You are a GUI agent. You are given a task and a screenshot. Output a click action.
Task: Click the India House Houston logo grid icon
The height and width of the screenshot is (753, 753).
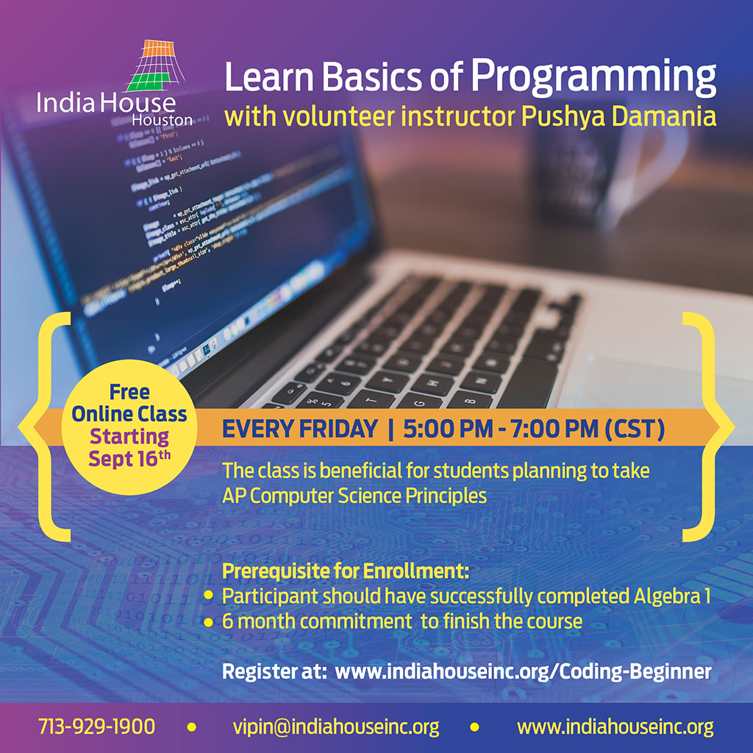156,65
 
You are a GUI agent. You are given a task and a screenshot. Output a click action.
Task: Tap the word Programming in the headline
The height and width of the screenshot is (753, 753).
593,76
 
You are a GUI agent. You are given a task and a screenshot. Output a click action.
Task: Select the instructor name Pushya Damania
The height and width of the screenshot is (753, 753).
618,117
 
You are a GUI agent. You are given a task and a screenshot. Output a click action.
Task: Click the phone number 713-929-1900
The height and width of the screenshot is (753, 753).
96,726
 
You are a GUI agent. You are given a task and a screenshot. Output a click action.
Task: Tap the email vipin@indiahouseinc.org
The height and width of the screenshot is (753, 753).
335,727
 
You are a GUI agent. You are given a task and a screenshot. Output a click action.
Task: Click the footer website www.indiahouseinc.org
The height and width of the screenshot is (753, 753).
615,727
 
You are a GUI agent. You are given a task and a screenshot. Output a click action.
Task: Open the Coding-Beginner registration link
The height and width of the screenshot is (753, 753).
523,671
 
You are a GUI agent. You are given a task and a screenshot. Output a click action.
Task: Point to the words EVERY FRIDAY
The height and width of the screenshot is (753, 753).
300,429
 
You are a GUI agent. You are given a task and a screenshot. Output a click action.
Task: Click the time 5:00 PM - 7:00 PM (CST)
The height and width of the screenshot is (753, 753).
534,429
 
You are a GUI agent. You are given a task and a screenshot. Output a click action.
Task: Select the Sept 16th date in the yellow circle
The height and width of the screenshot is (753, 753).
129,459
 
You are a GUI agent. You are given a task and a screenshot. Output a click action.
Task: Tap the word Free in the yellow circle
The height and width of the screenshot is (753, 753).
129,392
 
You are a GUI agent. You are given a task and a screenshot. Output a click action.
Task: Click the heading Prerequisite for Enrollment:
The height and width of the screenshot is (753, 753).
346,571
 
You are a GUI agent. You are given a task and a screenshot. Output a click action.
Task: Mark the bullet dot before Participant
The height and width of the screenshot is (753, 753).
208,595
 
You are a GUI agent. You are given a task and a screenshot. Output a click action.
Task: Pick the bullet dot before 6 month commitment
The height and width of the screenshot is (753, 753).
208,622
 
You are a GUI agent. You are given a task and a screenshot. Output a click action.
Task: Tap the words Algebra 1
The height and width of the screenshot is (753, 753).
672,596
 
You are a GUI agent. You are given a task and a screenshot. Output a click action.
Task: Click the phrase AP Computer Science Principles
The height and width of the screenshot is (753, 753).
354,496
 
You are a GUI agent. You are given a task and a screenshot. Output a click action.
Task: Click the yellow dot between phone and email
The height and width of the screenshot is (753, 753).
191,727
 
